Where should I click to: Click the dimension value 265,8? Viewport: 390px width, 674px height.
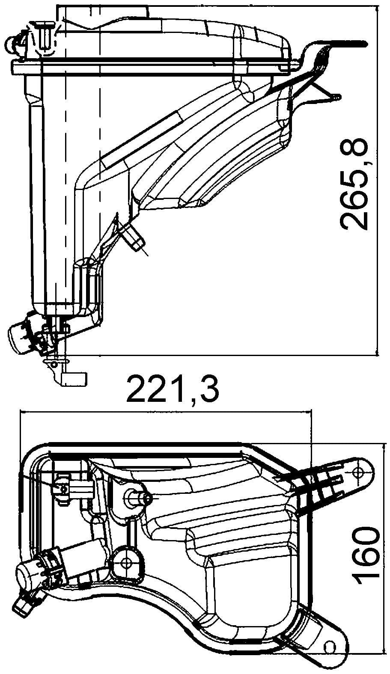(x=355, y=184)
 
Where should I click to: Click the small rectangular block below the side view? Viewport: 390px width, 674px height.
(x=75, y=378)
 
